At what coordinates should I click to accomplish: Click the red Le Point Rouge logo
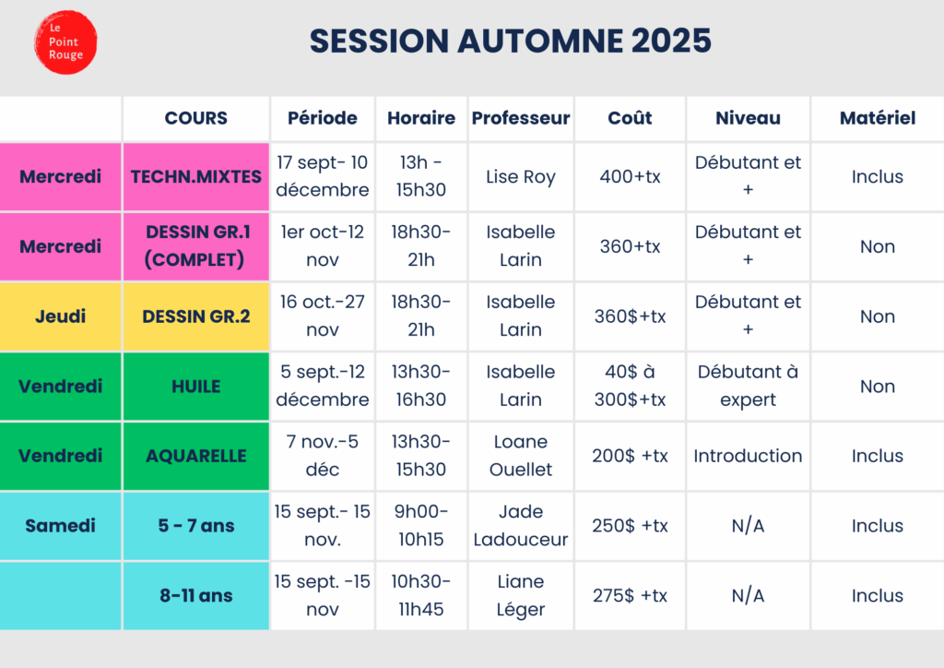tap(65, 42)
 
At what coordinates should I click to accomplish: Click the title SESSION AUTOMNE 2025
tap(511, 41)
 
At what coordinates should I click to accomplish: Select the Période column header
tap(322, 118)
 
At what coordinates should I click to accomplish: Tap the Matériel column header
tap(878, 118)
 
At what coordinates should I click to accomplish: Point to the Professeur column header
tap(521, 118)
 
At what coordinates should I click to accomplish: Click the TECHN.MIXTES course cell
tap(196, 176)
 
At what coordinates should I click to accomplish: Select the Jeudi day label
tap(60, 316)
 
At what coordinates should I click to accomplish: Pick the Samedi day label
tap(60, 526)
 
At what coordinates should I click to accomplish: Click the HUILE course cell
tap(196, 386)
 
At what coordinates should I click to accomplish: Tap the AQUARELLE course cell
tap(196, 456)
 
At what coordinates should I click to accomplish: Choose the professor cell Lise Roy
tap(521, 176)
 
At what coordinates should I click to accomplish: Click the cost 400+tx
tap(630, 176)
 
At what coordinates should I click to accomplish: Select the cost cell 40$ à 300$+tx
tap(630, 386)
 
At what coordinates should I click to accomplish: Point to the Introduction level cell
tap(748, 456)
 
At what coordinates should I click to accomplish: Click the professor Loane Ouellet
tap(521, 456)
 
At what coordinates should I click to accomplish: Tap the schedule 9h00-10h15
tap(420, 526)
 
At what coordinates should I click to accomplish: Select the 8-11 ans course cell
tap(196, 596)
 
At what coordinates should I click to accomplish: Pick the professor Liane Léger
tap(521, 596)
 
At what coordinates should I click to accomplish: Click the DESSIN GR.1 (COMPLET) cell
tap(196, 246)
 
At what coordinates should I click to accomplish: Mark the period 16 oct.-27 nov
tap(322, 316)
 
